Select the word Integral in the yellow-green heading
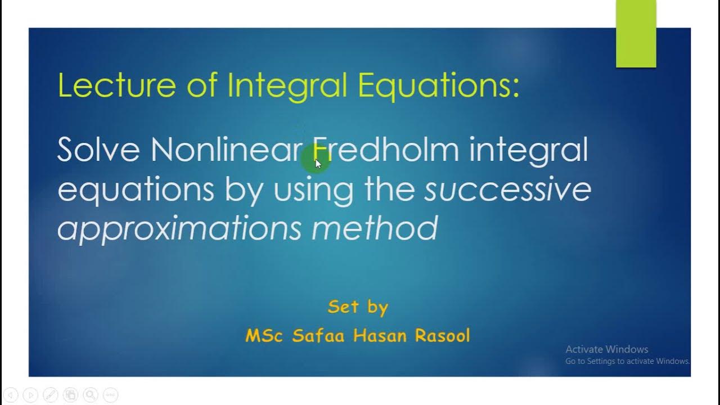(x=289, y=85)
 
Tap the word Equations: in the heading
(x=438, y=85)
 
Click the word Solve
(x=98, y=150)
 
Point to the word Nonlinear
(x=227, y=150)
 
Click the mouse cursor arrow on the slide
(x=318, y=164)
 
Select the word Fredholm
(x=386, y=150)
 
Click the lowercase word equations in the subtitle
(x=136, y=190)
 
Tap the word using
(x=313, y=190)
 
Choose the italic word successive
(x=507, y=189)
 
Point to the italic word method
(x=375, y=228)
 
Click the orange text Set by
(x=358, y=307)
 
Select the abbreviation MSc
(x=265, y=336)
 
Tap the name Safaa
(x=319, y=336)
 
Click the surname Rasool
(x=442, y=336)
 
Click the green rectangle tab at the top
(x=636, y=34)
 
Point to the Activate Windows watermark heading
(x=606, y=349)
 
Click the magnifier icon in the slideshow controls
(x=91, y=395)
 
